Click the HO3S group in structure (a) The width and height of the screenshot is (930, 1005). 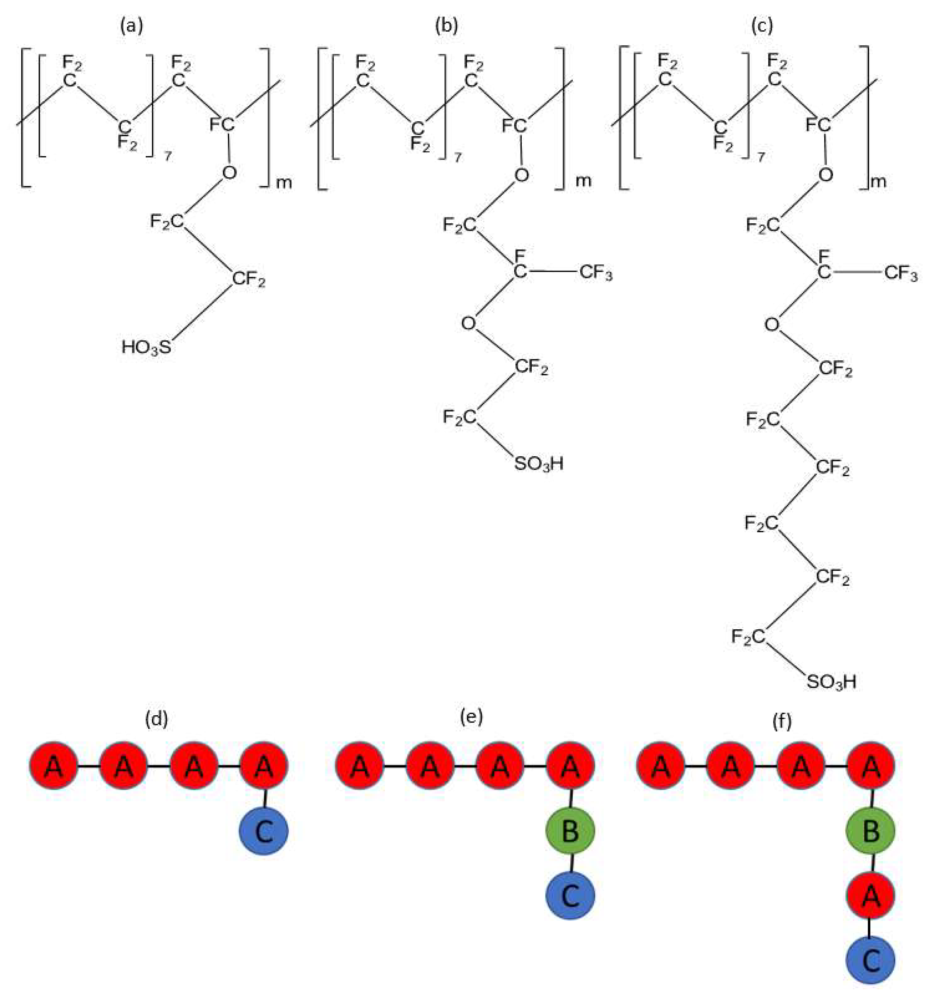pyautogui.click(x=146, y=347)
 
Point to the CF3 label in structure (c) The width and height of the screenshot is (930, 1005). pyautogui.click(x=901, y=274)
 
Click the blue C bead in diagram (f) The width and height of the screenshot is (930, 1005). pyautogui.click(x=871, y=960)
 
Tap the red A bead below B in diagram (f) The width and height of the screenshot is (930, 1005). pyautogui.click(x=871, y=896)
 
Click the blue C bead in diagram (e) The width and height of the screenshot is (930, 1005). pyautogui.click(x=570, y=896)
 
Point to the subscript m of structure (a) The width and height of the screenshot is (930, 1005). pyautogui.click(x=284, y=183)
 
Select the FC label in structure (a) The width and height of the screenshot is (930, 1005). pyautogui.click(x=222, y=124)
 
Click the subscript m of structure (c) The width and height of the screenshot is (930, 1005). pyautogui.click(x=878, y=182)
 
